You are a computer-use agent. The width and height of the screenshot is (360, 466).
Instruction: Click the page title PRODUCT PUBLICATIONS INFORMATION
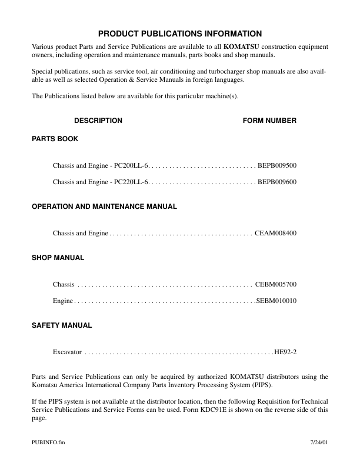point(180,34)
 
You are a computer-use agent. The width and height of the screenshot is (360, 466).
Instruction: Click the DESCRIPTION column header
point(98,121)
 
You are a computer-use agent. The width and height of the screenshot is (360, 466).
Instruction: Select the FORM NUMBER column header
point(269,121)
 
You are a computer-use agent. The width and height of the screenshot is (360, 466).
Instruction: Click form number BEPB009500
point(277,166)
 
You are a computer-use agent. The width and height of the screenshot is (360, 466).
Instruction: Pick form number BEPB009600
point(277,182)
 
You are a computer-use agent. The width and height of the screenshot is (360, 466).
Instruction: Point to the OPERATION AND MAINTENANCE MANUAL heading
point(104,207)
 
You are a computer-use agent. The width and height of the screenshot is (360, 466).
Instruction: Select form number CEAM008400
point(275,234)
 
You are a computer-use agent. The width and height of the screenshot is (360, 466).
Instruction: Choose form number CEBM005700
point(276,285)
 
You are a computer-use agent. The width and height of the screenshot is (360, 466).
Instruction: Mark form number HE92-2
point(285,352)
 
